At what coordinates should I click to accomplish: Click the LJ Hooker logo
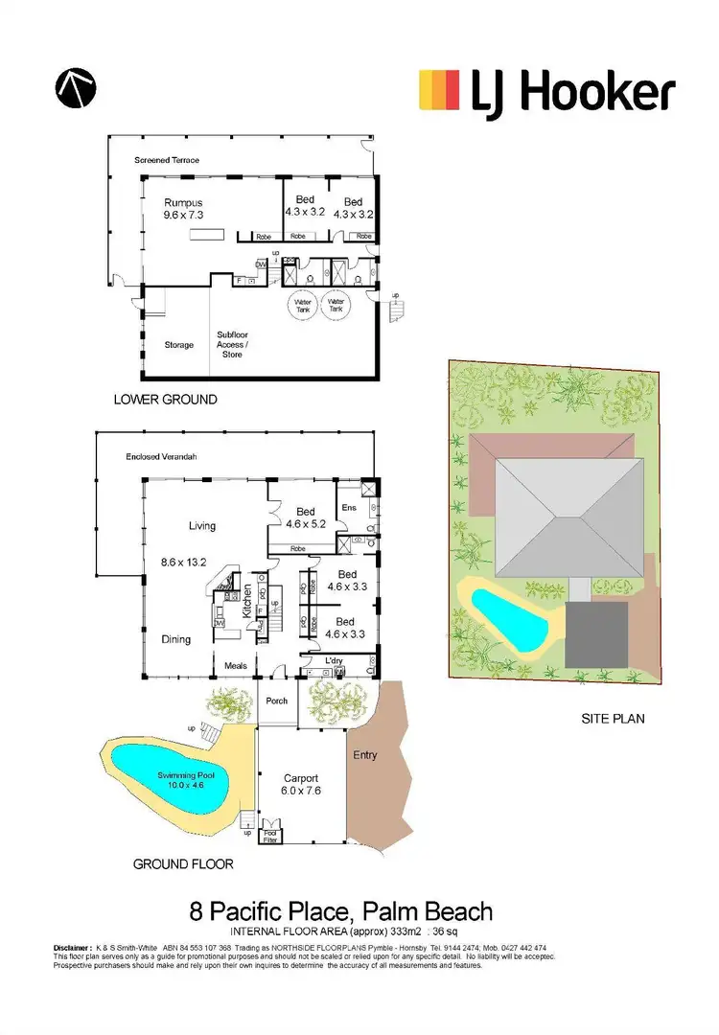[x=547, y=94]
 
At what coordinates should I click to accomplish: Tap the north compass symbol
[x=74, y=89]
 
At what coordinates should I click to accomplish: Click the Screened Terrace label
[x=167, y=160]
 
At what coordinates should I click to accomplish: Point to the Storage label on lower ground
[x=178, y=345]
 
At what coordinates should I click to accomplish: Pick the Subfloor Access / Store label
[x=233, y=345]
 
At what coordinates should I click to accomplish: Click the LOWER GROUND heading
[x=165, y=399]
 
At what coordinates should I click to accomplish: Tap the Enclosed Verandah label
[x=161, y=458]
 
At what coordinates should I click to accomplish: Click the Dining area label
[x=175, y=639]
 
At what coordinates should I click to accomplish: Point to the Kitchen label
[x=246, y=600]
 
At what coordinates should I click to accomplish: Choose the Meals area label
[x=236, y=664]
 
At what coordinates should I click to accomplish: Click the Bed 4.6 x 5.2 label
[x=305, y=517]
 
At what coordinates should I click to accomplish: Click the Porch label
[x=276, y=701]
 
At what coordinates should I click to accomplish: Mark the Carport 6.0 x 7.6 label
[x=301, y=785]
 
